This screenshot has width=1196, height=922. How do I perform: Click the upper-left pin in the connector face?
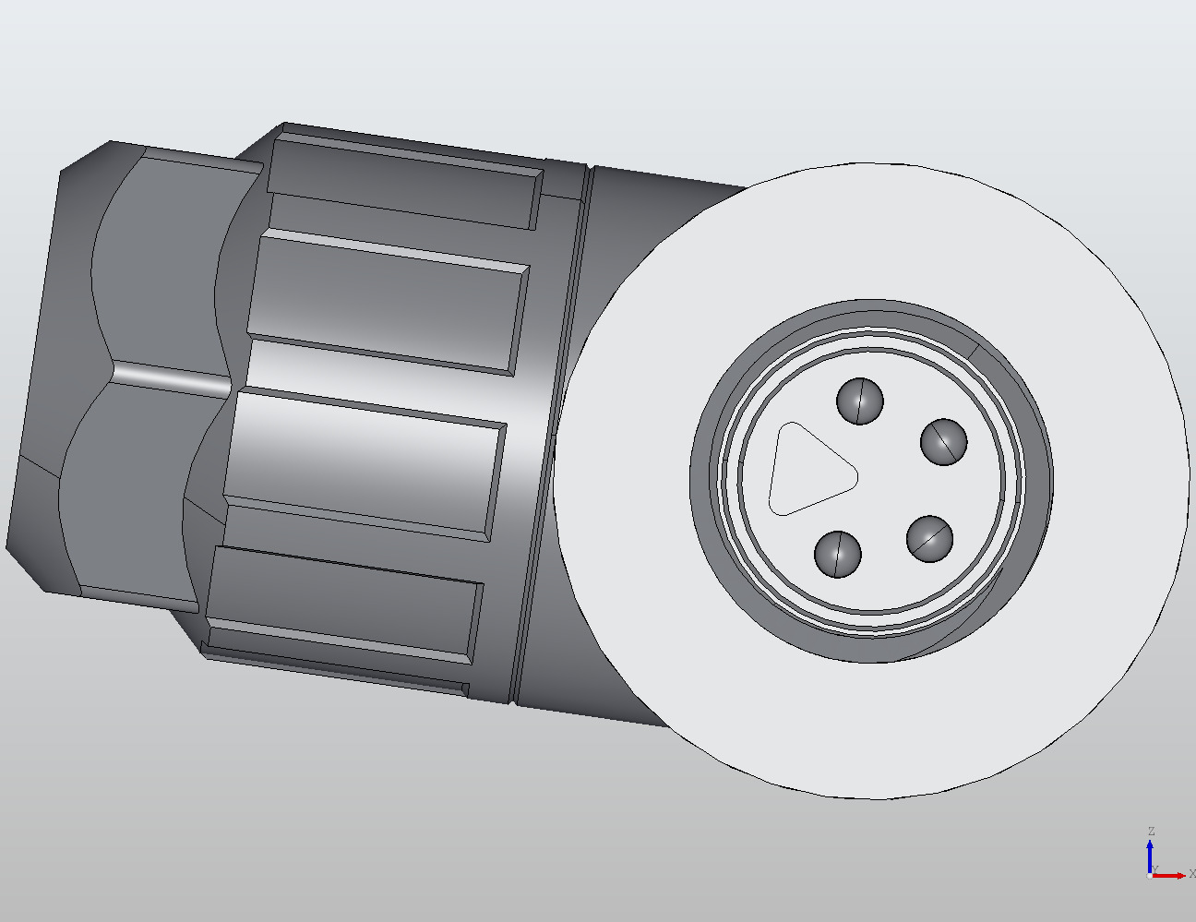point(859,401)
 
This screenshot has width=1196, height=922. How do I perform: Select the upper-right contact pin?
point(944,441)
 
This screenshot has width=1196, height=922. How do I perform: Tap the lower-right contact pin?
point(929,538)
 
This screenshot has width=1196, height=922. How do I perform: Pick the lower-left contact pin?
point(838,554)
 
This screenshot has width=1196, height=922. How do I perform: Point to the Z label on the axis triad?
point(1151,832)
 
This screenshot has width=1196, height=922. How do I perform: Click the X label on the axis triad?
point(1191,873)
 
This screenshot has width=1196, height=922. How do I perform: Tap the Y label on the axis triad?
point(1154,869)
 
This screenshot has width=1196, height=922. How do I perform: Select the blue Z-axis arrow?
point(1150,854)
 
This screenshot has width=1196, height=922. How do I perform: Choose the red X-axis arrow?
point(1170,875)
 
